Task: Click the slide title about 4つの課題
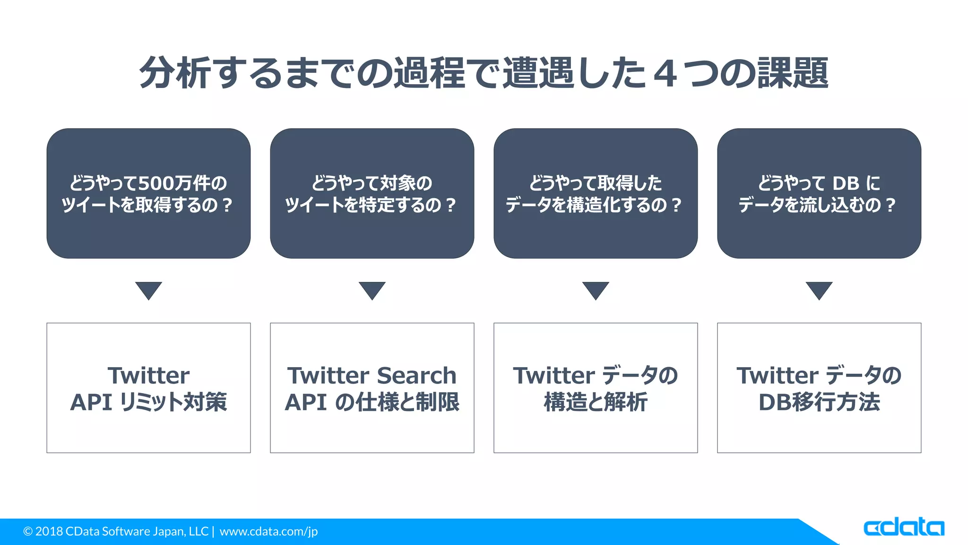pos(484,73)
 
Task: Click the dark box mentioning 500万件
pos(148,193)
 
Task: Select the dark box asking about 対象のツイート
pos(372,193)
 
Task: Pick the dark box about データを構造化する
pos(596,193)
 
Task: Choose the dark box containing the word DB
pos(819,193)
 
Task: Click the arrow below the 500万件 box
pos(148,290)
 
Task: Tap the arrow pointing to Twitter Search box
pos(372,290)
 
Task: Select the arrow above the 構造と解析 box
pos(596,290)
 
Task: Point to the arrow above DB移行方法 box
pos(819,290)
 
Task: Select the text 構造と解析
pos(596,402)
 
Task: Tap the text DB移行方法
pos(819,402)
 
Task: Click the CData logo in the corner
pos(903,527)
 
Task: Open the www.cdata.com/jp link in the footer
pos(268,531)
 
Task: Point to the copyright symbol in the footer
pos(28,532)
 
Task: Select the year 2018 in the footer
pos(49,531)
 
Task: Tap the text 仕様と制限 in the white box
pos(407,402)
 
